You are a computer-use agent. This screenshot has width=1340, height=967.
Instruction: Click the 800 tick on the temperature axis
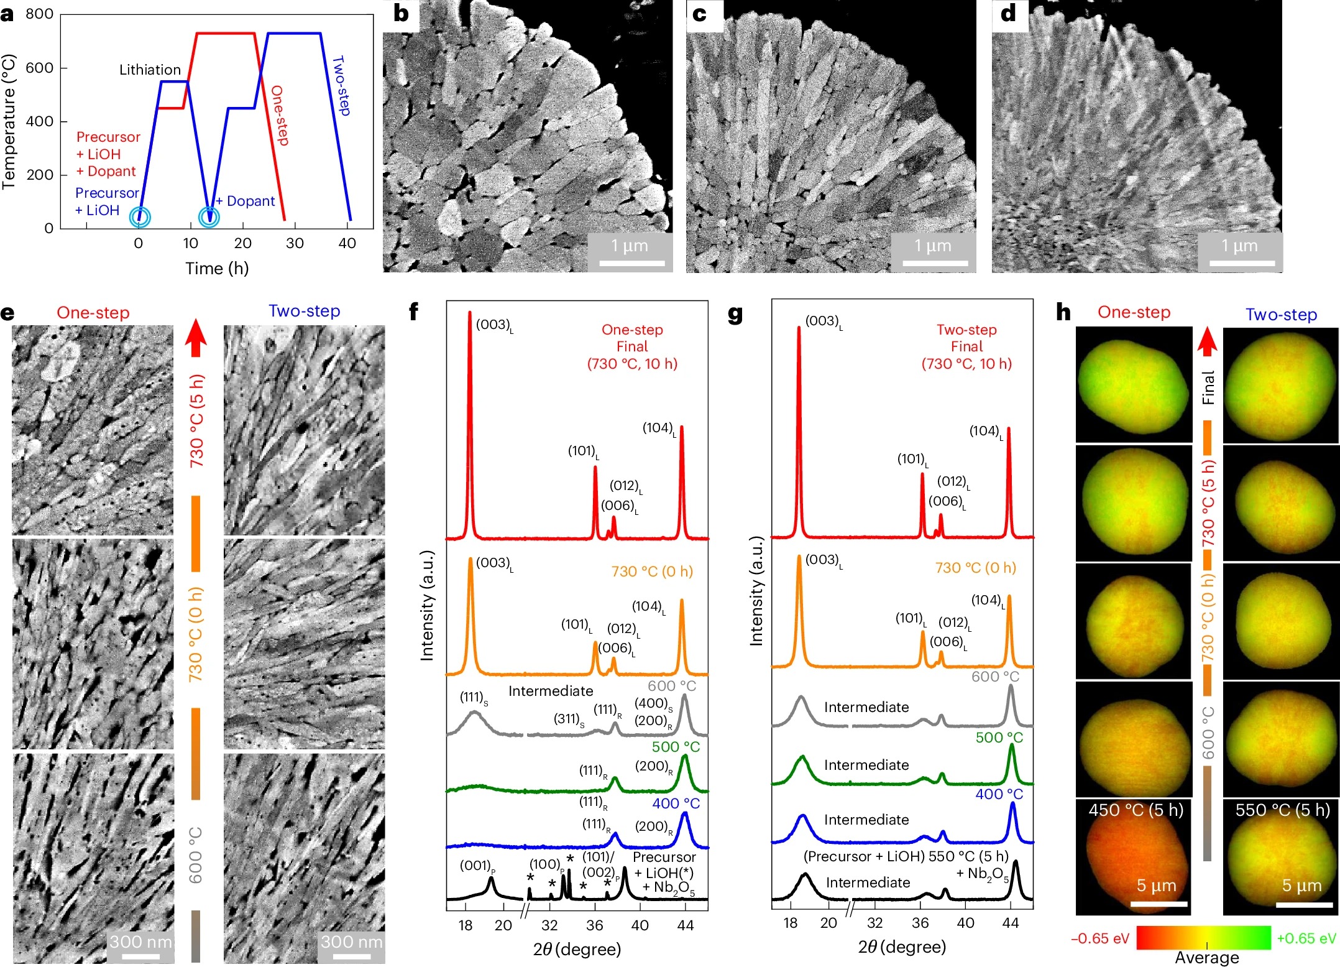pos(39,14)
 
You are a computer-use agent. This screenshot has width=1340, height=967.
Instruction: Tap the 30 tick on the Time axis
pos(295,243)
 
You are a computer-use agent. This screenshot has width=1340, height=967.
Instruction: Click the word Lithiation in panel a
pos(150,70)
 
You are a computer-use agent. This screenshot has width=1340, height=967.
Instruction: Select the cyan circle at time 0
pos(140,217)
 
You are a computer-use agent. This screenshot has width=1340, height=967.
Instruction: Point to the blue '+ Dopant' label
pos(246,201)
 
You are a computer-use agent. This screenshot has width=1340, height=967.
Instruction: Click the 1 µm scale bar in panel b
pos(630,263)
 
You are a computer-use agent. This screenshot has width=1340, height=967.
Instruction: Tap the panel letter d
pos(1008,14)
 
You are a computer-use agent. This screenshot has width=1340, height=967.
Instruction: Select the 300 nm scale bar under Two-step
pos(352,956)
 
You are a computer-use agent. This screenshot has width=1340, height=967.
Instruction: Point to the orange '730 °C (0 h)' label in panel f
pos(652,571)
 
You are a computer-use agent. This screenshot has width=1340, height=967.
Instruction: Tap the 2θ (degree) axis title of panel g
pos(902,946)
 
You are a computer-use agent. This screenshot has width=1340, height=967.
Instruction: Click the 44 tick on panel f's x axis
pos(685,925)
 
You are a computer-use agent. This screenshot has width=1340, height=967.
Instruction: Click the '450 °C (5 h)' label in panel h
pos(1136,810)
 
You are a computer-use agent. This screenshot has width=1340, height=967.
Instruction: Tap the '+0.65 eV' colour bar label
pos(1306,938)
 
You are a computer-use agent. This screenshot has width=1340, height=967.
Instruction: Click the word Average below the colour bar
pos(1206,958)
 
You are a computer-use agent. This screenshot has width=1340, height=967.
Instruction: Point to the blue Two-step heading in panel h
pos(1281,315)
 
